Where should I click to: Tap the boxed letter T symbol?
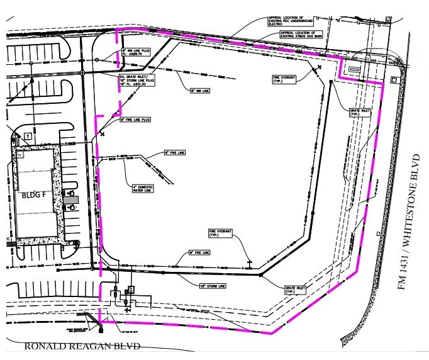(x=28, y=136)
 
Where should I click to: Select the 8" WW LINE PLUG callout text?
(x=137, y=50)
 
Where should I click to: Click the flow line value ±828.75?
(x=135, y=54)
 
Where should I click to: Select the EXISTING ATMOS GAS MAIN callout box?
(x=299, y=34)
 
